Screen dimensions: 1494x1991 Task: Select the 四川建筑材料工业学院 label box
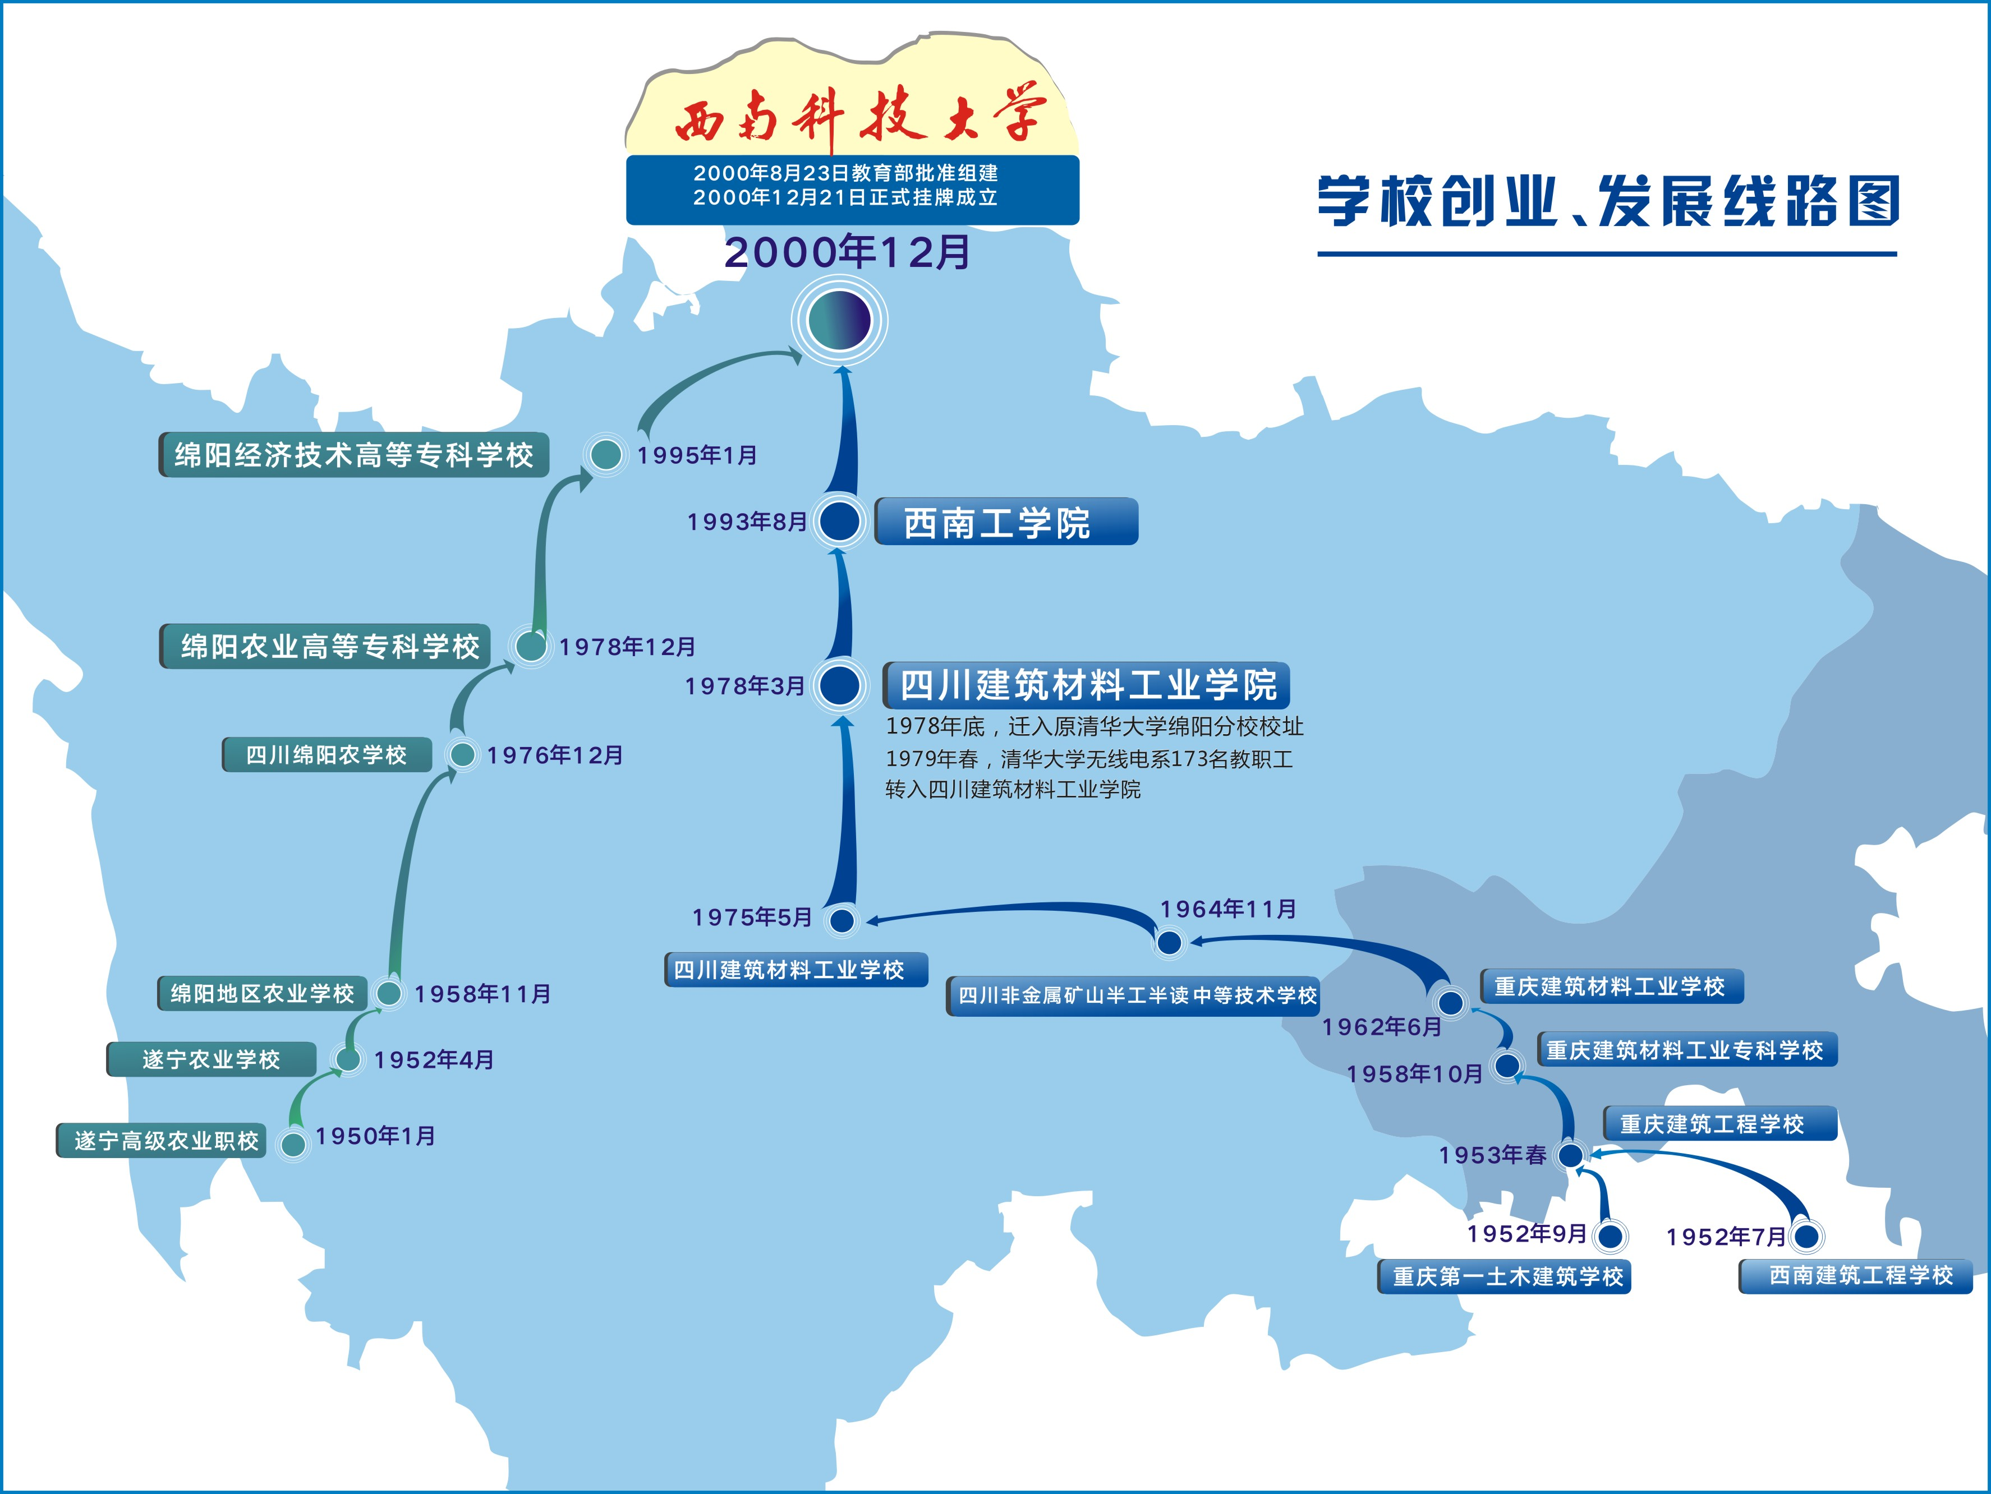click(x=1087, y=686)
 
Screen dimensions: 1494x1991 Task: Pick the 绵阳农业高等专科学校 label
click(x=326, y=646)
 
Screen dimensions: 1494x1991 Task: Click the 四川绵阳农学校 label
click(x=327, y=754)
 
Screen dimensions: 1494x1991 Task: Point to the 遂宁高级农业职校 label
click(x=163, y=1140)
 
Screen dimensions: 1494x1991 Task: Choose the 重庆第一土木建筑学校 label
click(x=1505, y=1276)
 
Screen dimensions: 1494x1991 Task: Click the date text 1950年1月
click(x=375, y=1136)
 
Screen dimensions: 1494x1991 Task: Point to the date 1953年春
click(x=1492, y=1155)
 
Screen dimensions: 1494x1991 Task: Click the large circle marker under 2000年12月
click(x=840, y=320)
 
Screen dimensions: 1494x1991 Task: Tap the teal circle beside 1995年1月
click(x=606, y=454)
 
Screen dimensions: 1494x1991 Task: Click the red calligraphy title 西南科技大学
click(x=859, y=117)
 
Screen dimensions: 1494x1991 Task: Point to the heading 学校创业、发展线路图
click(x=1608, y=201)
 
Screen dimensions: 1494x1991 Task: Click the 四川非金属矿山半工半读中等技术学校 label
click(x=1134, y=995)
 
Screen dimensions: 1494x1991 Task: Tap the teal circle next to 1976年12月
click(x=463, y=754)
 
